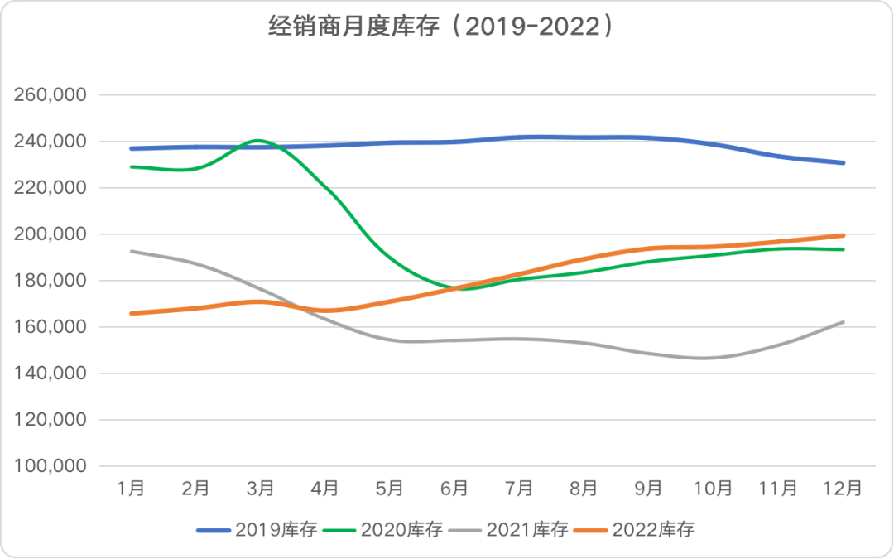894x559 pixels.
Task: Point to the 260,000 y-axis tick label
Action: pyautogui.click(x=51, y=95)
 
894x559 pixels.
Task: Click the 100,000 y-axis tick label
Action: pyautogui.click(x=51, y=466)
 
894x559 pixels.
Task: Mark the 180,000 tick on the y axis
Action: pyautogui.click(x=51, y=281)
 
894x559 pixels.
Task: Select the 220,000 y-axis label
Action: pyautogui.click(x=51, y=188)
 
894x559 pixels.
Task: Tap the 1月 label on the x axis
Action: pyautogui.click(x=131, y=489)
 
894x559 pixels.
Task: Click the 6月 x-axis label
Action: pyautogui.click(x=455, y=489)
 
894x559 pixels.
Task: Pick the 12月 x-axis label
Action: pyautogui.click(x=844, y=489)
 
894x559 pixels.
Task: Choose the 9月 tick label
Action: pyautogui.click(x=649, y=489)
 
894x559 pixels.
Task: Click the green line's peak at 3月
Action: pyautogui.click(x=259, y=140)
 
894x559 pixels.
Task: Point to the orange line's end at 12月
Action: pyautogui.click(x=844, y=235)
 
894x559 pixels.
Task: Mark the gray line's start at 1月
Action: pyautogui.click(x=131, y=251)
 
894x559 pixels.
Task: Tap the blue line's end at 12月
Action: pyautogui.click(x=844, y=163)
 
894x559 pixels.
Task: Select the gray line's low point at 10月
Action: pyautogui.click(x=714, y=358)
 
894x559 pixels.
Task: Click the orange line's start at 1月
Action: pyautogui.click(x=131, y=313)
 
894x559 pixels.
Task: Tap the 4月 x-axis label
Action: pyautogui.click(x=325, y=489)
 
